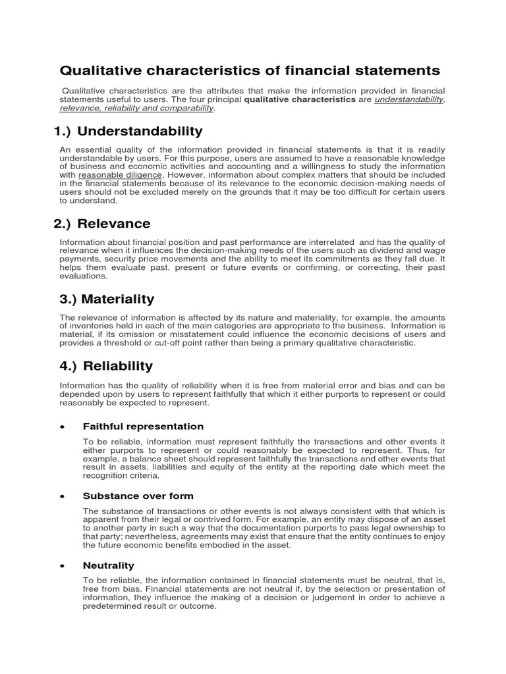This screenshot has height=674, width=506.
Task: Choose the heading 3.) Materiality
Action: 107,299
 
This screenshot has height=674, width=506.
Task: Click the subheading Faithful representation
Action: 143,427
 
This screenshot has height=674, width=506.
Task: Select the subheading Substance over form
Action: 138,496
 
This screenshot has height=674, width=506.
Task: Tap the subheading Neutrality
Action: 108,565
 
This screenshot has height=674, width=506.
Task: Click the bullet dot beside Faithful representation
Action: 62,427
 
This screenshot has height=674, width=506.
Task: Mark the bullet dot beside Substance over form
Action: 62,496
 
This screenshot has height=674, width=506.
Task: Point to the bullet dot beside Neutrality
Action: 62,566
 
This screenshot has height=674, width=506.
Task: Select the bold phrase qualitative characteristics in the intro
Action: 299,99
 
